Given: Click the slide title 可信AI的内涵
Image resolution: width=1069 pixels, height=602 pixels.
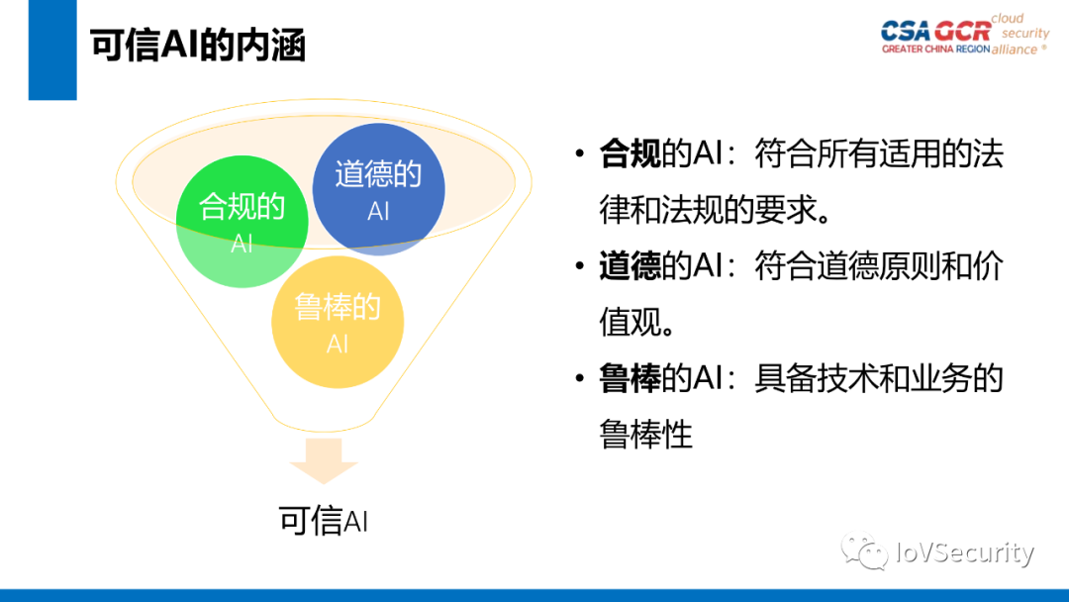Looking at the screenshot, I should [x=198, y=46].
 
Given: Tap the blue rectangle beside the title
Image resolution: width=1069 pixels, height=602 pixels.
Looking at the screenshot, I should [x=51, y=50].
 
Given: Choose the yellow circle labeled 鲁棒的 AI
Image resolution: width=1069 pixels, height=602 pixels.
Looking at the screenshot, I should [x=338, y=323].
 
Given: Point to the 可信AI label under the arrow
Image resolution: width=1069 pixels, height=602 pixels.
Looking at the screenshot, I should [x=323, y=521].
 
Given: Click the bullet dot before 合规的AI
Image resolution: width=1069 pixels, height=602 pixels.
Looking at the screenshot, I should [x=578, y=154].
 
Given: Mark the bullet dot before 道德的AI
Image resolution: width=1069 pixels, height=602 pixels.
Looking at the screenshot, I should [x=578, y=267].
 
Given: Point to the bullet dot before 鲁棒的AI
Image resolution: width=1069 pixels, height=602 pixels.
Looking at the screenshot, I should [x=578, y=379].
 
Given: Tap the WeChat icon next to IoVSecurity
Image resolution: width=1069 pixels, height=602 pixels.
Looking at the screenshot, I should [x=864, y=552].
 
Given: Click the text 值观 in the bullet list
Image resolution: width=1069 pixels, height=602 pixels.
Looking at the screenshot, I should [x=630, y=322].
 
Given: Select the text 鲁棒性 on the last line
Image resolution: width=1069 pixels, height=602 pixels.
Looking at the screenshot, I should [x=645, y=435].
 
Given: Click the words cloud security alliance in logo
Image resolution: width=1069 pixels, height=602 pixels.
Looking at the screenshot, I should [x=1020, y=34].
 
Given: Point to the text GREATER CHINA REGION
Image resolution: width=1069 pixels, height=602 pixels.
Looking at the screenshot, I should [x=935, y=49].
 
